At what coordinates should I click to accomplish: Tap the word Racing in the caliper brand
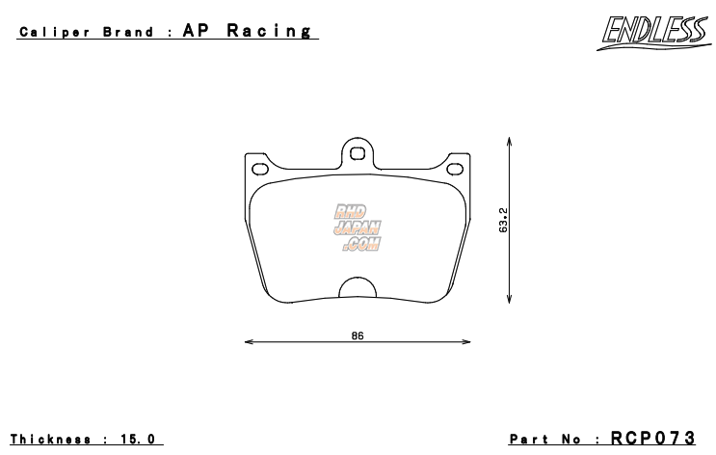click(x=270, y=31)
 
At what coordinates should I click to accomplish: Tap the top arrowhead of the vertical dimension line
click(x=510, y=142)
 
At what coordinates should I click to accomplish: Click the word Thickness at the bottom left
click(x=52, y=439)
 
